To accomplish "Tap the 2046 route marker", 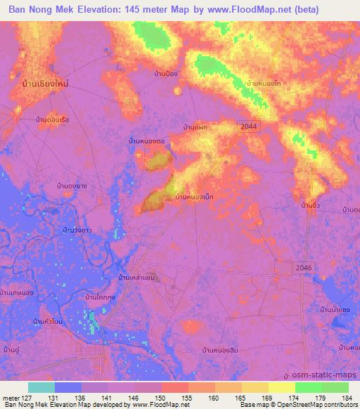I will (x=303, y=268).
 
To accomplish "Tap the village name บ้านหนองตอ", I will (x=146, y=141).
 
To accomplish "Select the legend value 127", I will (x=30, y=397).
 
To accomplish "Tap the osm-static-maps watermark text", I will (x=321, y=376).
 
